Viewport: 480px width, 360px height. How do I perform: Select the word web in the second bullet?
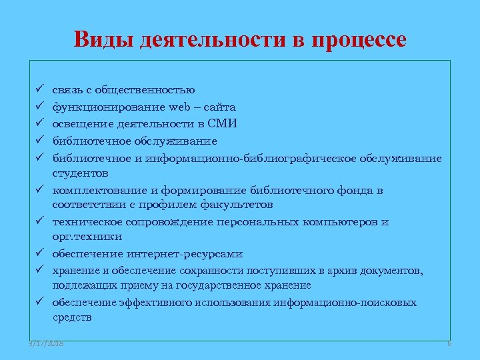tap(180, 107)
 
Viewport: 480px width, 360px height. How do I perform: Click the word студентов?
tap(80, 173)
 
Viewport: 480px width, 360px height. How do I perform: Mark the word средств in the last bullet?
tap(73, 319)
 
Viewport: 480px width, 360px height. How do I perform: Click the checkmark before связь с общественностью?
tap(41, 89)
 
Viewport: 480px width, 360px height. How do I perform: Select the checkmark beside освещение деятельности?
tap(41, 123)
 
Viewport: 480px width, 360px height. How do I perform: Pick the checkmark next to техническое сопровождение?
tap(41, 221)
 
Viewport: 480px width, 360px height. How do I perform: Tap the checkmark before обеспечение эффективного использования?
tap(41, 303)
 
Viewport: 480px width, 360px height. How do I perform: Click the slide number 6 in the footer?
tap(449, 343)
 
